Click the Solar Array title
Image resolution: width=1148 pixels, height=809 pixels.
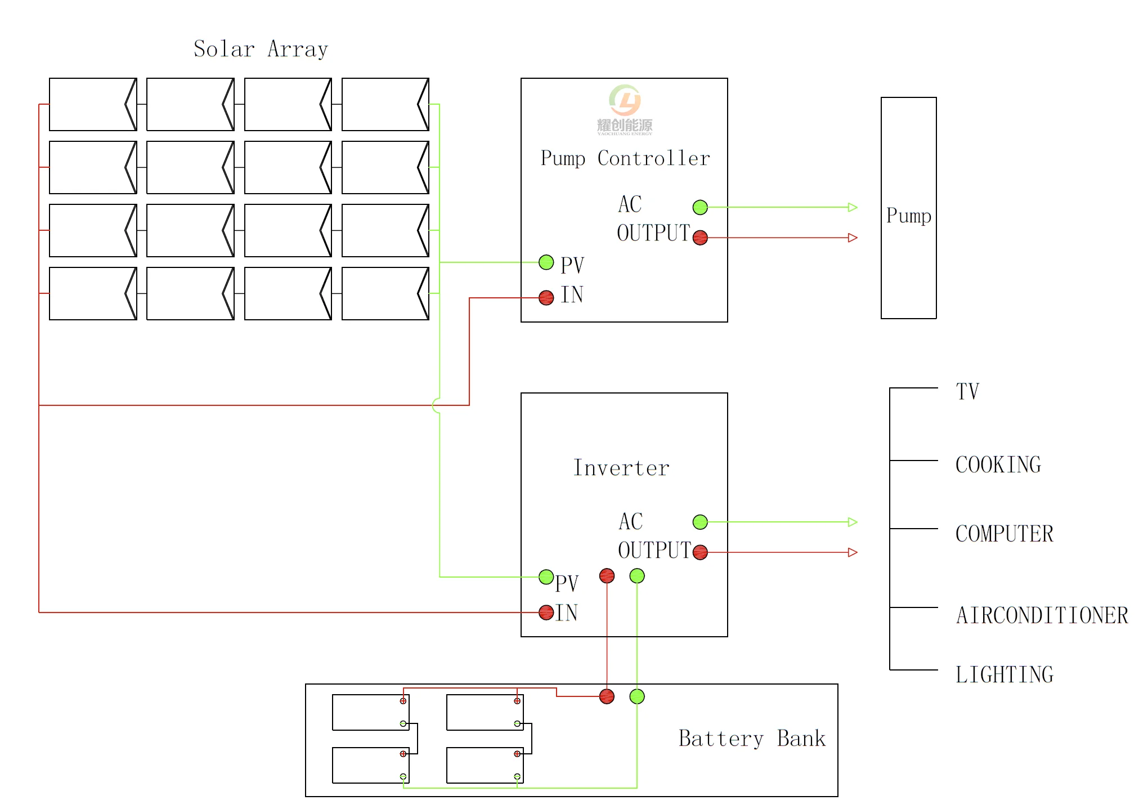[261, 50]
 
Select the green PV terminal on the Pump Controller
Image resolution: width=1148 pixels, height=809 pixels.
[546, 262]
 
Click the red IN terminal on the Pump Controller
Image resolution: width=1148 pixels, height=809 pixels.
[546, 298]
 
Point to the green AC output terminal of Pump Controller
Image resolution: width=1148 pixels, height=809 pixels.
[700, 208]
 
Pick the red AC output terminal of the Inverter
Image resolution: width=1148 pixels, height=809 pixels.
[700, 552]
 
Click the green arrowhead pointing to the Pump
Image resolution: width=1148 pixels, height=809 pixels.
[853, 208]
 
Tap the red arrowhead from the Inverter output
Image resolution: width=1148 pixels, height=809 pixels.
[853, 552]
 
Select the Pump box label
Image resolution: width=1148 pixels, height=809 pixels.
[908, 216]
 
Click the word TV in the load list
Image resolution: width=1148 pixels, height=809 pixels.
[967, 392]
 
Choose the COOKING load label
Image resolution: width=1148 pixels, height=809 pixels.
[998, 465]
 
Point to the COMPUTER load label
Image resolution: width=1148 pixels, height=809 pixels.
[1004, 534]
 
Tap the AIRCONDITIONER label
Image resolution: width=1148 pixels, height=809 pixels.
[1042, 615]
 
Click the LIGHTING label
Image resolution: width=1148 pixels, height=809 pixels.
[1004, 674]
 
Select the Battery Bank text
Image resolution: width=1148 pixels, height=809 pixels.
[752, 739]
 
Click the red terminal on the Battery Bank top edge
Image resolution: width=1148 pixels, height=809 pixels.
[607, 696]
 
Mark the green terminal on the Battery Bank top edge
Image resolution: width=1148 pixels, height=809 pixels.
[637, 696]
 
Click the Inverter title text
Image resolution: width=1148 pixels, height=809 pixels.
[621, 468]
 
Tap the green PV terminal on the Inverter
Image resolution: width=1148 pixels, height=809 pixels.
[546, 577]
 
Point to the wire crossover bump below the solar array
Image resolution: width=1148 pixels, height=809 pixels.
[437, 405]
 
